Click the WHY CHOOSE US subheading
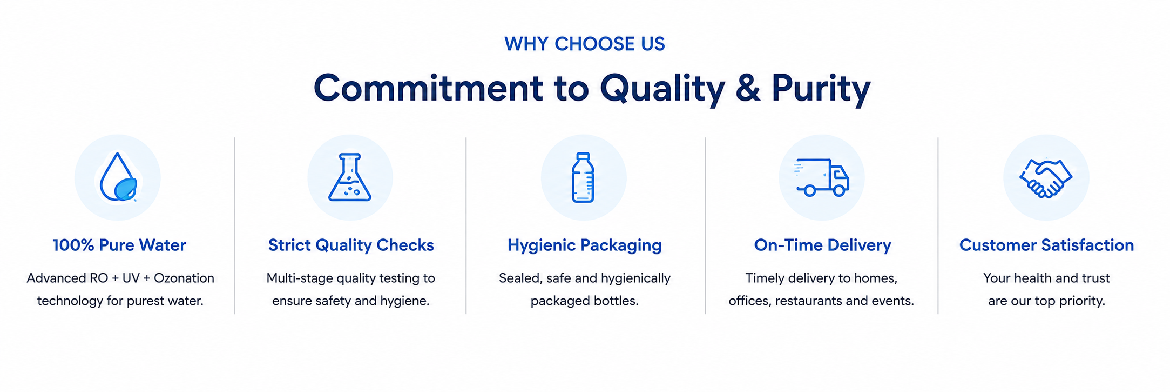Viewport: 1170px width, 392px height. click(585, 44)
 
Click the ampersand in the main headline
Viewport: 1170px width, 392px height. click(747, 88)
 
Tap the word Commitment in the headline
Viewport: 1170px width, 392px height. click(428, 88)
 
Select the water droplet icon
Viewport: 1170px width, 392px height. click(118, 177)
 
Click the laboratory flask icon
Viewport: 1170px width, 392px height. click(350, 177)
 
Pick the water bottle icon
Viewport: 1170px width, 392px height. click(583, 177)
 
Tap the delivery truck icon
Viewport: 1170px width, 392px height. click(821, 177)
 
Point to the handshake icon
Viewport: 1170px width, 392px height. click(1046, 178)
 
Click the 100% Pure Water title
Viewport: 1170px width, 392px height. click(119, 245)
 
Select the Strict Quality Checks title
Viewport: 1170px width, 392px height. click(351, 245)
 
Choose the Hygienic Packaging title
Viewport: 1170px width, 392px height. click(584, 245)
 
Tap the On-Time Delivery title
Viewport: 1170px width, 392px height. click(822, 245)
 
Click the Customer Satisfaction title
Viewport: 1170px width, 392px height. click(1046, 245)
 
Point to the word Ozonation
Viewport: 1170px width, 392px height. click(184, 278)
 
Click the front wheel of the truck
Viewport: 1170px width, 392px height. click(838, 190)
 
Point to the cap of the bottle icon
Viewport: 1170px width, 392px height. click(583, 156)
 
